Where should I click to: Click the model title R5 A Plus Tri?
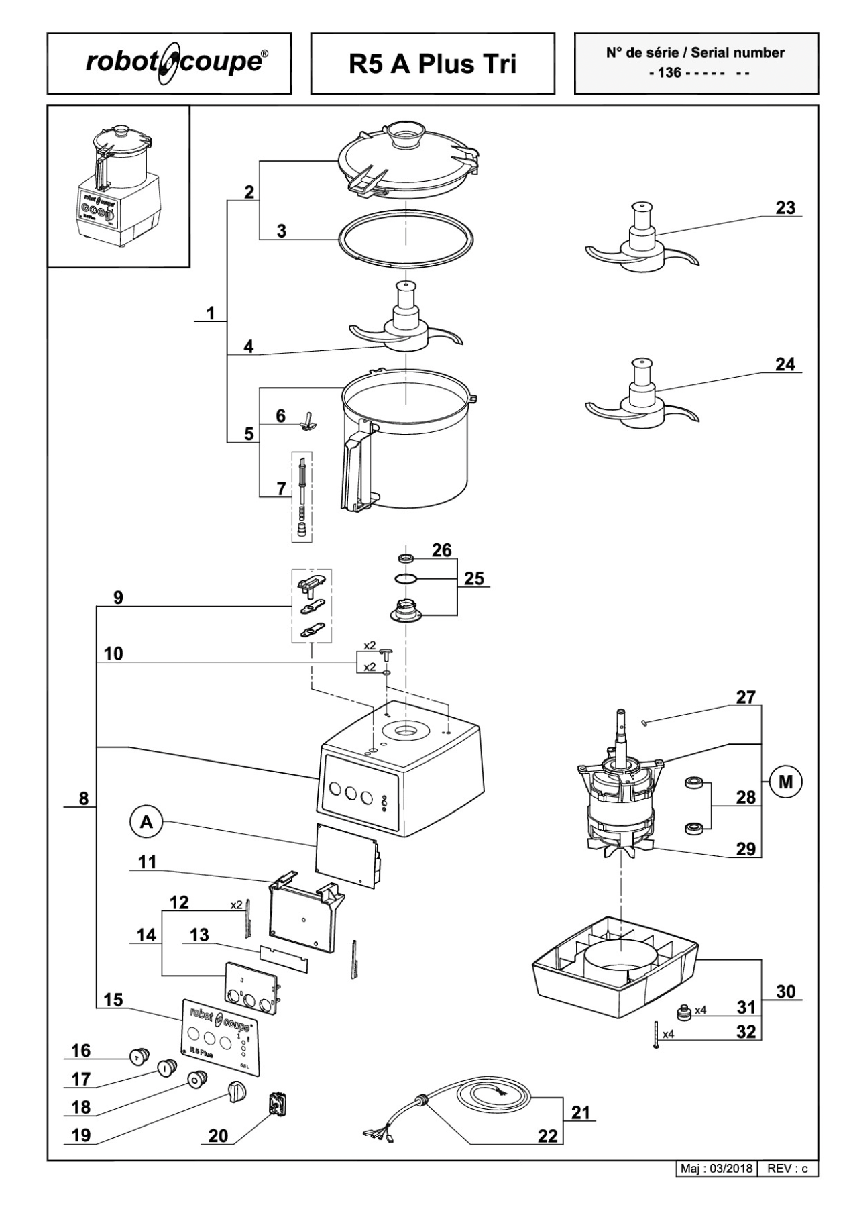[433, 64]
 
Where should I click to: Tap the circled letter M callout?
[785, 782]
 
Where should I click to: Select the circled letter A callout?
[146, 822]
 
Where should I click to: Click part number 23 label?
[785, 208]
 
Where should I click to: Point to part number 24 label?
[785, 364]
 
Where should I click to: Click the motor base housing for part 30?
[614, 966]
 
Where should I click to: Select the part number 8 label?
[84, 798]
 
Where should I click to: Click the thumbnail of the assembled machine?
[119, 187]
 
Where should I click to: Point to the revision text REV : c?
[787, 1169]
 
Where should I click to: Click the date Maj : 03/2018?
[716, 1169]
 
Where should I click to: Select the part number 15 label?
[113, 1000]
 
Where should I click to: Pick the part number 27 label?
[746, 698]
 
